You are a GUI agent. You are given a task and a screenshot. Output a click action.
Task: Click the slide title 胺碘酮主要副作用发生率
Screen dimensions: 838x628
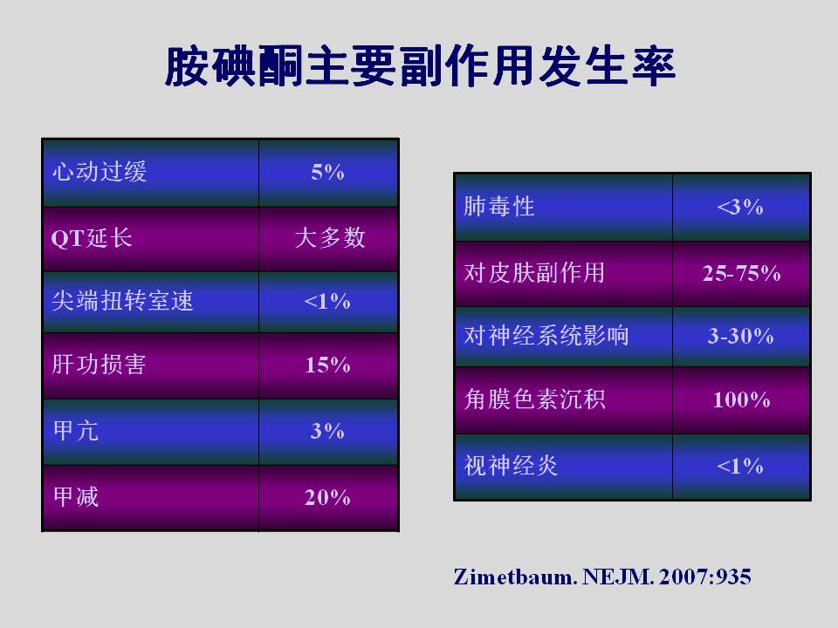tap(420, 67)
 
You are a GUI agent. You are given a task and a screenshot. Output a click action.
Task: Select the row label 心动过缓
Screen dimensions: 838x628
tap(100, 172)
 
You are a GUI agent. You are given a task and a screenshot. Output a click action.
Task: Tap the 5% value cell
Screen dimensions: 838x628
tap(327, 172)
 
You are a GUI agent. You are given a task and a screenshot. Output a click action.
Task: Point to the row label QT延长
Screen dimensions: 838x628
tap(92, 237)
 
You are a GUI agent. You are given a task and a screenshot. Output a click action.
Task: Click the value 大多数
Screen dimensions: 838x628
tap(330, 237)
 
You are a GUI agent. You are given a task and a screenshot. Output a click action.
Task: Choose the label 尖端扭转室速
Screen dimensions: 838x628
tap(122, 301)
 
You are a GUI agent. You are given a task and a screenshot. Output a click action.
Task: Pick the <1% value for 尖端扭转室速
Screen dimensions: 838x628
tap(327, 302)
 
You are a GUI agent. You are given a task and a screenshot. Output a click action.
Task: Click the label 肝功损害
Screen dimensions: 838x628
tap(99, 365)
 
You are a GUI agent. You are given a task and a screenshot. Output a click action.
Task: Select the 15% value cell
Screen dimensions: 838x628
tap(327, 365)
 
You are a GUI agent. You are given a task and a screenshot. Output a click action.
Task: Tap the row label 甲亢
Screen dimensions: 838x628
tap(76, 431)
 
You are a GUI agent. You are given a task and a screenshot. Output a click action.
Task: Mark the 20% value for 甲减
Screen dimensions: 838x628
tap(327, 498)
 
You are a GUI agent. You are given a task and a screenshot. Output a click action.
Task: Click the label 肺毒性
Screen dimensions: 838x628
tap(499, 207)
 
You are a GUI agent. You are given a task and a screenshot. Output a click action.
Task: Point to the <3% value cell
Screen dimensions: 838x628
tap(740, 208)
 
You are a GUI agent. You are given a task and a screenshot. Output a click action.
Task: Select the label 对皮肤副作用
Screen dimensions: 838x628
tap(534, 272)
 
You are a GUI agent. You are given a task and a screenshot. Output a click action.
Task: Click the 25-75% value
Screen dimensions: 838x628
tap(742, 273)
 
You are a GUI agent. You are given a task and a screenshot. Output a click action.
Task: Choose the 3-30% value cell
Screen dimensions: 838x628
tap(741, 336)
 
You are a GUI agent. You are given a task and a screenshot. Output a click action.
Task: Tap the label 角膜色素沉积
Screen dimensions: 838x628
tap(534, 399)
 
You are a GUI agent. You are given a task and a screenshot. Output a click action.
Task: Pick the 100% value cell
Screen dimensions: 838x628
tap(742, 400)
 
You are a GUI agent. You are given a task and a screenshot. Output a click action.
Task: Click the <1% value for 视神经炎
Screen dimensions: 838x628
tap(740, 466)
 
